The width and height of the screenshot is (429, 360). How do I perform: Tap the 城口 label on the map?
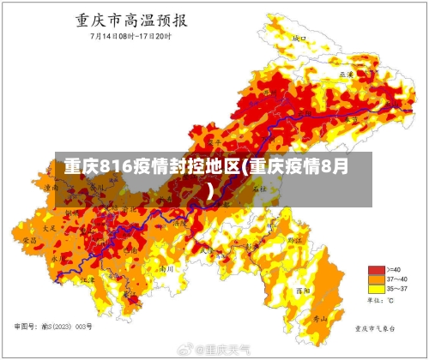pyautogui.click(x=299, y=39)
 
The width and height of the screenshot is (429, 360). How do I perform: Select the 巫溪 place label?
pyautogui.click(x=347, y=75)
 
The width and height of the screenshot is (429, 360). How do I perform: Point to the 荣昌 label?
pyautogui.click(x=29, y=242)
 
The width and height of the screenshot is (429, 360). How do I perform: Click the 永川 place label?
pyautogui.click(x=56, y=257)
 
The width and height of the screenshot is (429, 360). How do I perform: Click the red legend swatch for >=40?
pyautogui.click(x=376, y=269)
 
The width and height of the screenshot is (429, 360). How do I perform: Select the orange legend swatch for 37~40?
pyautogui.click(x=376, y=279)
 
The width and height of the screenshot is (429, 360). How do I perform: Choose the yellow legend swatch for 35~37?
pyautogui.click(x=376, y=289)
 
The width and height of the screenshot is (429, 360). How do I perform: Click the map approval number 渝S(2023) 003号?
pyautogui.click(x=53, y=327)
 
